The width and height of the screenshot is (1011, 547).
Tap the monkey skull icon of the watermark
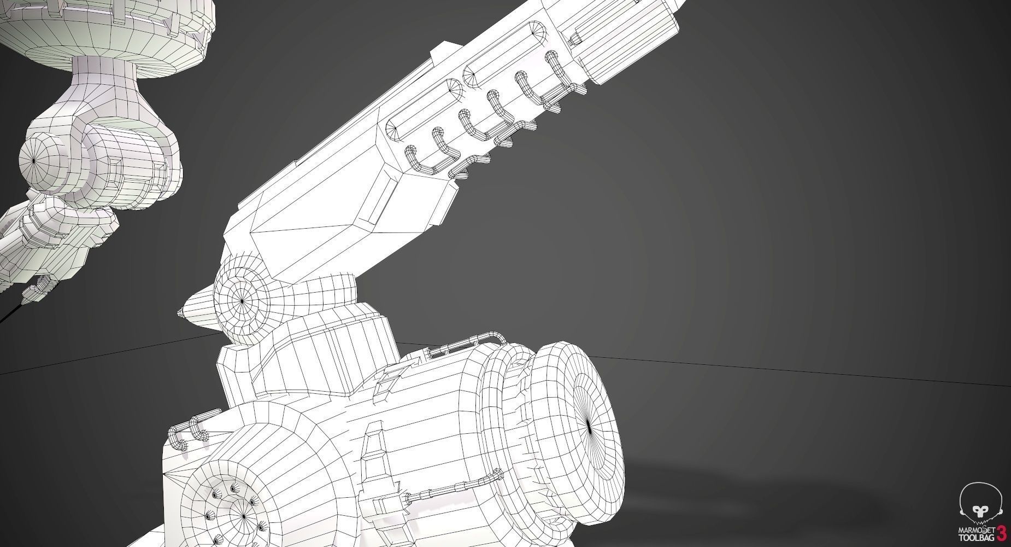point(981,500)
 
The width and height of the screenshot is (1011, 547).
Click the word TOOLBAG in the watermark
point(978,537)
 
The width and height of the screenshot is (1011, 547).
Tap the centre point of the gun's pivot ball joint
point(242,299)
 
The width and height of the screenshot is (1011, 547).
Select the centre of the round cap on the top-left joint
point(34,160)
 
